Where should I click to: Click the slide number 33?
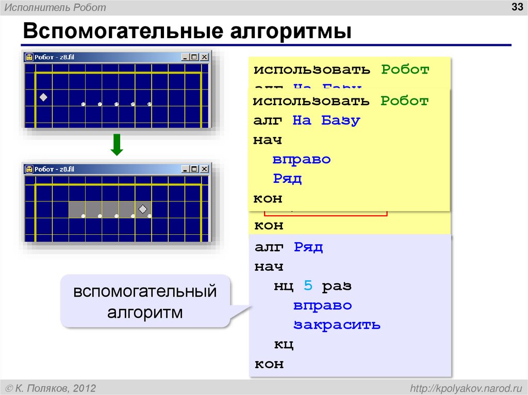pos(516,7)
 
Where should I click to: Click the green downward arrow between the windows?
pos(117,145)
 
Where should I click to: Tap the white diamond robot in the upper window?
pos(43,97)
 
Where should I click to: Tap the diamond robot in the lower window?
pos(143,209)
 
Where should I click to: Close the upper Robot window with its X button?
pos(204,57)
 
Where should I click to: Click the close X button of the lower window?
pos(204,169)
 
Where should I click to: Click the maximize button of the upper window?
pos(194,57)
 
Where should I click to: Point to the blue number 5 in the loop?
pos(308,286)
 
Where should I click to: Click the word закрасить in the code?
pos(337,325)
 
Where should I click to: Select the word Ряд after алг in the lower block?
pos(308,247)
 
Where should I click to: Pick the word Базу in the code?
pos(340,121)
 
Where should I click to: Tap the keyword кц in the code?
pos(283,345)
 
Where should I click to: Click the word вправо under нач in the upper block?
pos(302,160)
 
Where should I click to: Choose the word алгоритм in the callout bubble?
pos(145,312)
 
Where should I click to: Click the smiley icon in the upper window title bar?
pos(30,57)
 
